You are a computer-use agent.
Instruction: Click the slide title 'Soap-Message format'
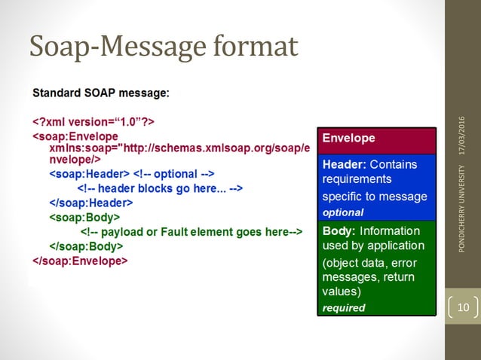click(x=164, y=46)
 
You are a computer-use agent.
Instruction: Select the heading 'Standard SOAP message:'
click(x=100, y=93)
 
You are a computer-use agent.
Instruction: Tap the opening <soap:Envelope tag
click(x=75, y=136)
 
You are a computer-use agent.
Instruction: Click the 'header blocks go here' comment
click(x=160, y=188)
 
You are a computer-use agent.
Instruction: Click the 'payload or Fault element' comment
click(x=191, y=231)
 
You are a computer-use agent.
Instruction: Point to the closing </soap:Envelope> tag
click(x=80, y=260)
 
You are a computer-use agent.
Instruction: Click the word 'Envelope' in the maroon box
click(x=348, y=139)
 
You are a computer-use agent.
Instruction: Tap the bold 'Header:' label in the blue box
click(x=345, y=164)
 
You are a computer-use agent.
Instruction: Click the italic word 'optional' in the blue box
click(x=343, y=212)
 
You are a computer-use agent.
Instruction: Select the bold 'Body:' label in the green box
click(x=339, y=230)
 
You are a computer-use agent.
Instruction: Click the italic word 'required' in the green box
click(x=344, y=307)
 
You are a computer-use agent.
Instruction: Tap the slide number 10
click(x=462, y=307)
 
